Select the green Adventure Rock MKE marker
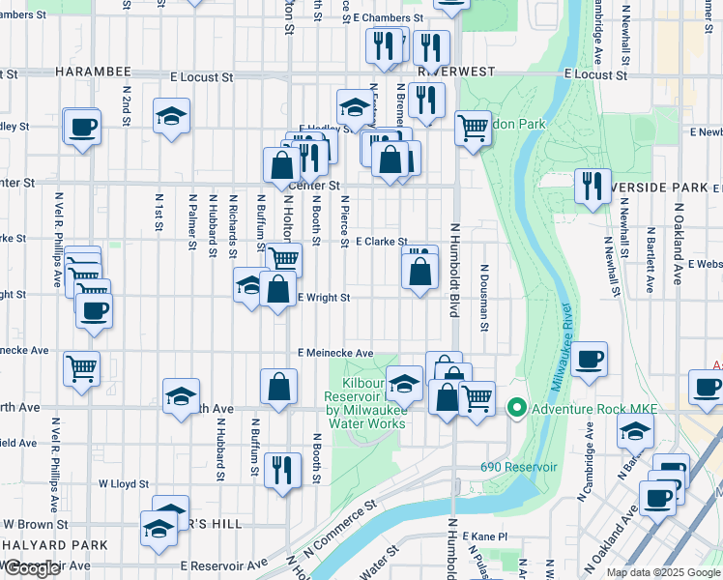click(517, 410)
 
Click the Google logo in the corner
click(33, 568)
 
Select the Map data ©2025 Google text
click(662, 572)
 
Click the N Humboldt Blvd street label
click(453, 271)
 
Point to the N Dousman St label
click(483, 295)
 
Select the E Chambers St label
click(389, 18)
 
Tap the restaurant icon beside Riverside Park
click(593, 185)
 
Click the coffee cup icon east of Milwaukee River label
click(589, 360)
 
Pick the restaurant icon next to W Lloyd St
click(281, 470)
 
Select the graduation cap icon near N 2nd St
click(171, 116)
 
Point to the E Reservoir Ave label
click(223, 565)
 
